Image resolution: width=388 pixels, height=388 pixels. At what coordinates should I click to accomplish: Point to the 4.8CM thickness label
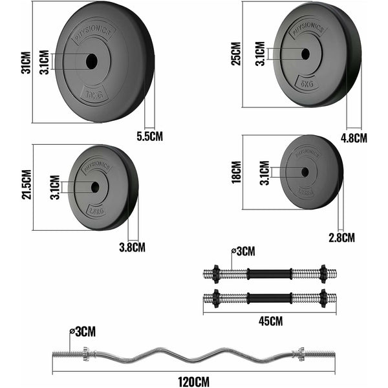pyautogui.click(x=354, y=137)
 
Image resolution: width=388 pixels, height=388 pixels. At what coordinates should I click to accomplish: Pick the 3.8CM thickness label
pyautogui.click(x=132, y=246)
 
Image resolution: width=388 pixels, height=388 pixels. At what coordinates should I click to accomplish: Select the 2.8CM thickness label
pyautogui.click(x=341, y=237)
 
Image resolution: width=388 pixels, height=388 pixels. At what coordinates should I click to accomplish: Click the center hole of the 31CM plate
pyautogui.click(x=91, y=62)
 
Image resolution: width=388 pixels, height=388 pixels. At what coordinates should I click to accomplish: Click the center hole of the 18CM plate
pyautogui.click(x=305, y=172)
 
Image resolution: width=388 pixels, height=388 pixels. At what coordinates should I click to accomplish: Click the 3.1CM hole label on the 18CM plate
pyautogui.click(x=263, y=172)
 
